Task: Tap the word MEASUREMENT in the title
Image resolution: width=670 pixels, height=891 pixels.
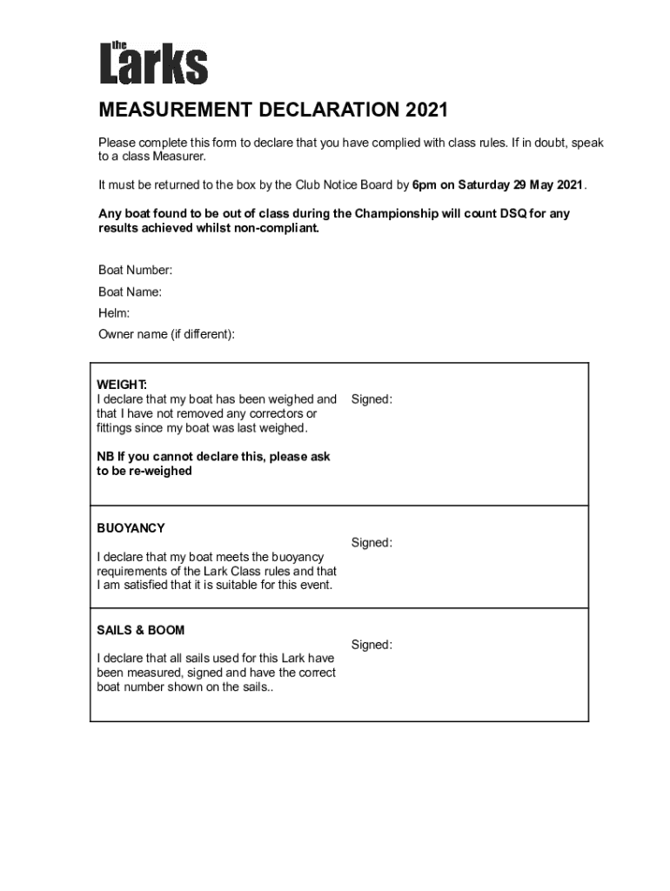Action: point(172,111)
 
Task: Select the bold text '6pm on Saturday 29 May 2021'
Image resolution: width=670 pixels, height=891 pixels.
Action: point(498,185)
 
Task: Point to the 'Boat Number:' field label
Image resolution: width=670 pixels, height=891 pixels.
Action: point(135,271)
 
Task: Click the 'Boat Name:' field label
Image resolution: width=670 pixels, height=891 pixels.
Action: point(130,292)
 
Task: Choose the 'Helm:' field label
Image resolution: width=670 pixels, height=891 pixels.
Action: point(114,313)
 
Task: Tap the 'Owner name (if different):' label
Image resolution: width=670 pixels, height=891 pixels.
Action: point(166,334)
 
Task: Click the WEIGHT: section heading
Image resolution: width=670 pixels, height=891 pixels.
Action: point(122,385)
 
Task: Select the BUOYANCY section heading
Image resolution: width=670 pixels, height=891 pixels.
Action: point(131,528)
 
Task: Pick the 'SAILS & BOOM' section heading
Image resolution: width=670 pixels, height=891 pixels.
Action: point(141,630)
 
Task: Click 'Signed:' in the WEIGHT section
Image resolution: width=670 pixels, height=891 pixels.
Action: point(372,399)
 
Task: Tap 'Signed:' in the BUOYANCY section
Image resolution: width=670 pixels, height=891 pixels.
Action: point(372,543)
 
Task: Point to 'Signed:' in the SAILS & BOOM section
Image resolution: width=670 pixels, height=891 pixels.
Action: point(372,645)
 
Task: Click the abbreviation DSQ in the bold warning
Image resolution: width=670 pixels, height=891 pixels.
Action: point(506,213)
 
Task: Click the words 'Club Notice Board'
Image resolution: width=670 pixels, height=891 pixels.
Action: point(344,185)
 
